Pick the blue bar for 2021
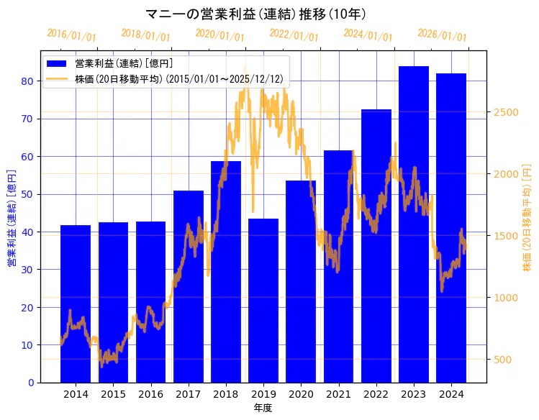click(338, 266)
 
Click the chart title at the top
click(256, 14)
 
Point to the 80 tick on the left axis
click(27, 81)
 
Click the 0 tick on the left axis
click(31, 383)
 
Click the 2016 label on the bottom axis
click(150, 394)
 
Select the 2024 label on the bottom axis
click(451, 394)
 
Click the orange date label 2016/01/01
click(71, 35)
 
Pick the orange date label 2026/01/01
click(442, 35)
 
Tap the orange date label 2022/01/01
click(294, 35)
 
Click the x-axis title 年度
click(263, 408)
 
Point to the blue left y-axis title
click(11, 218)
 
